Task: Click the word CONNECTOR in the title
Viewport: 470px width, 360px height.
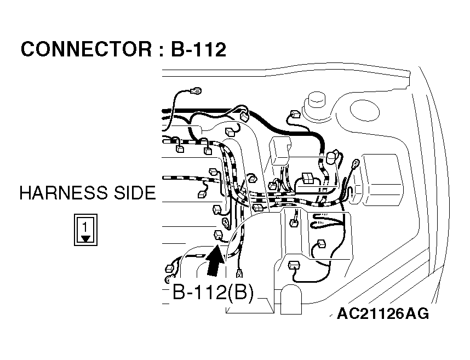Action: click(82, 50)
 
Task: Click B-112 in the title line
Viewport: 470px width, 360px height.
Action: click(198, 50)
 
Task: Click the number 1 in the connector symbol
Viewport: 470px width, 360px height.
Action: click(85, 225)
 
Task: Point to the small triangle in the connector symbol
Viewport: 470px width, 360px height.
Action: click(85, 238)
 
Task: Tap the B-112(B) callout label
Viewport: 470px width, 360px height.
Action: click(213, 293)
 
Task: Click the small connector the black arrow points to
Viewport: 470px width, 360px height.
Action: click(219, 235)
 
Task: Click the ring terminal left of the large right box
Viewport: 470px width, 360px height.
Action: click(354, 162)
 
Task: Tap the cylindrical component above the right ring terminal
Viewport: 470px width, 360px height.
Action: click(331, 158)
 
